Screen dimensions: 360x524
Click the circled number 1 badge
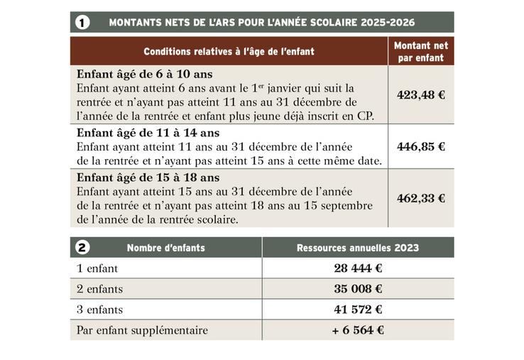(x=82, y=23)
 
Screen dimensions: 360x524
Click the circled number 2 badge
(x=82, y=248)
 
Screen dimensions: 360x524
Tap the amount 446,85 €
(x=421, y=147)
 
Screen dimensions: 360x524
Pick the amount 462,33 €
(x=421, y=199)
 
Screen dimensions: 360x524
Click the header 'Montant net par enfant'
(x=421, y=51)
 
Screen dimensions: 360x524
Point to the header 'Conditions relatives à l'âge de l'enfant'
(x=229, y=52)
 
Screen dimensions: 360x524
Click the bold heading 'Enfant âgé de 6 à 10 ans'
(x=144, y=74)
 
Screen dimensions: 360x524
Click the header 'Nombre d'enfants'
(x=165, y=248)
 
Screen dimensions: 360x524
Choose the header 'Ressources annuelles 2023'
(x=357, y=248)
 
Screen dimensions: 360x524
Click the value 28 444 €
(x=358, y=268)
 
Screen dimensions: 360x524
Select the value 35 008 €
(x=358, y=289)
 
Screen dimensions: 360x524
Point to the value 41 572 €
(x=358, y=310)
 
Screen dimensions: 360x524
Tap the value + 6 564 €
(x=357, y=330)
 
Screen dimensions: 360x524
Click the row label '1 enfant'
(x=97, y=268)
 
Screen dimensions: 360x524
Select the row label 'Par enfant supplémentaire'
(x=142, y=330)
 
